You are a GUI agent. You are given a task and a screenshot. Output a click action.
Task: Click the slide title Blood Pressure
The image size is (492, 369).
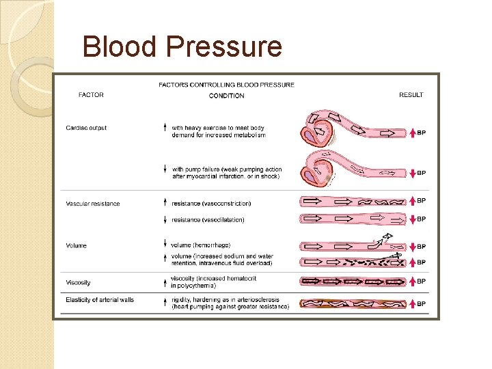pyautogui.click(x=182, y=47)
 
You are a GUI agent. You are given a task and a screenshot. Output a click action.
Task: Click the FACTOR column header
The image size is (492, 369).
pyautogui.click(x=91, y=95)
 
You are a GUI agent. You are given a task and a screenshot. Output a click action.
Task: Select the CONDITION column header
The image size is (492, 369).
pyautogui.click(x=226, y=96)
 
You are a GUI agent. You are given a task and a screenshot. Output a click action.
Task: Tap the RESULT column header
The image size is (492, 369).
pyautogui.click(x=411, y=95)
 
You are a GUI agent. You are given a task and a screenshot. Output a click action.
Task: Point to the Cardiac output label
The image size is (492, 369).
pyautogui.click(x=86, y=128)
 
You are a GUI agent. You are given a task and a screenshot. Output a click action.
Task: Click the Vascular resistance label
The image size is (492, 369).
pyautogui.click(x=92, y=204)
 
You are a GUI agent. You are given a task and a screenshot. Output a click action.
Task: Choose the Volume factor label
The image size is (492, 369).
pyautogui.click(x=77, y=246)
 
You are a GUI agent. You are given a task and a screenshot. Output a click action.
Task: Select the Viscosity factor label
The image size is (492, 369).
pyautogui.click(x=78, y=282)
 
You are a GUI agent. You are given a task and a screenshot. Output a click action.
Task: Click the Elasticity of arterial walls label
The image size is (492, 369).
pyautogui.click(x=100, y=299)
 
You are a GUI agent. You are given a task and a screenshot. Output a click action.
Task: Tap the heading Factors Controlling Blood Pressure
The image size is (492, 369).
pyautogui.click(x=226, y=85)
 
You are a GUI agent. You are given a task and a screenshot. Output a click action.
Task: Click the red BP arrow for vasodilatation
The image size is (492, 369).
pyautogui.click(x=412, y=219)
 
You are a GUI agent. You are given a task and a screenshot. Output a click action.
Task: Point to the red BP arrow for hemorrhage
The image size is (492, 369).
pyautogui.click(x=412, y=247)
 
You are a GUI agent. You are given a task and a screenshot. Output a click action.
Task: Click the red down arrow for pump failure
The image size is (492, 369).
pyautogui.click(x=412, y=174)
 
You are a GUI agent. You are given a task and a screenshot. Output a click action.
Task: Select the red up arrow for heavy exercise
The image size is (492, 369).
pyautogui.click(x=412, y=133)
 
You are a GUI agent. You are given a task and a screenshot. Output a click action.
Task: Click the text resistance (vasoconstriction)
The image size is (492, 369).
pyautogui.click(x=211, y=204)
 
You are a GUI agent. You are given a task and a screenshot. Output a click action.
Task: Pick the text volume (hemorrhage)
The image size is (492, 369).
pyautogui.click(x=201, y=245)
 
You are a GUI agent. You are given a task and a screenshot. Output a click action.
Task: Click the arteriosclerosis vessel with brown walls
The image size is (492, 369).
pyautogui.click(x=353, y=303)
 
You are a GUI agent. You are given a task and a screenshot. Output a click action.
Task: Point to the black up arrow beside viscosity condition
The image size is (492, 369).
pyautogui.click(x=165, y=281)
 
